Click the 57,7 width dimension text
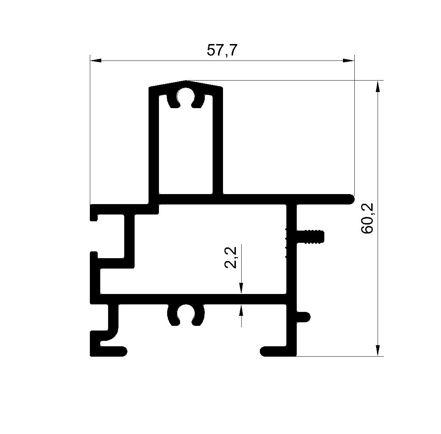click(221, 50)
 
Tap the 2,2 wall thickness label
click(231, 257)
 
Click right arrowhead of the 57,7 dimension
click(349, 61)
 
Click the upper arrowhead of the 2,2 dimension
click(241, 288)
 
